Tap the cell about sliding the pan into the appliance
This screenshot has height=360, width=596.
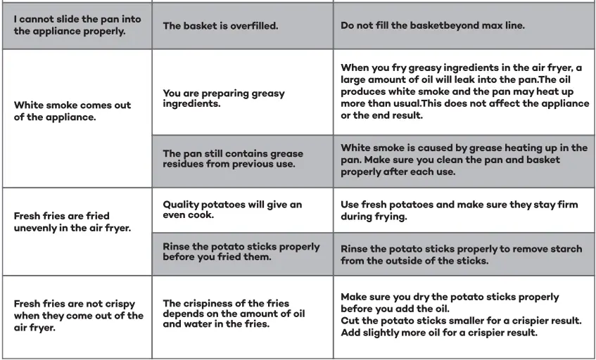coord(77,25)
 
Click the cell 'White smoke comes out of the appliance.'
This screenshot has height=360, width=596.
coord(77,111)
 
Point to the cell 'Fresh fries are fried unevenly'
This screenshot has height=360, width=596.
coord(77,221)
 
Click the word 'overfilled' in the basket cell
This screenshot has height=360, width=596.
coord(249,25)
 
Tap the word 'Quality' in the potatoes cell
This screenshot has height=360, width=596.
coord(182,205)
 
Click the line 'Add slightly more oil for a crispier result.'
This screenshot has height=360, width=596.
coord(439,333)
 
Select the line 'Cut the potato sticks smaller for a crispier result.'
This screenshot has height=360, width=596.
coord(461,321)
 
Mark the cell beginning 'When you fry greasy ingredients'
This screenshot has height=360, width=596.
coord(464,91)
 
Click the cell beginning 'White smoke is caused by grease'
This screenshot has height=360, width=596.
coord(464,160)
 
